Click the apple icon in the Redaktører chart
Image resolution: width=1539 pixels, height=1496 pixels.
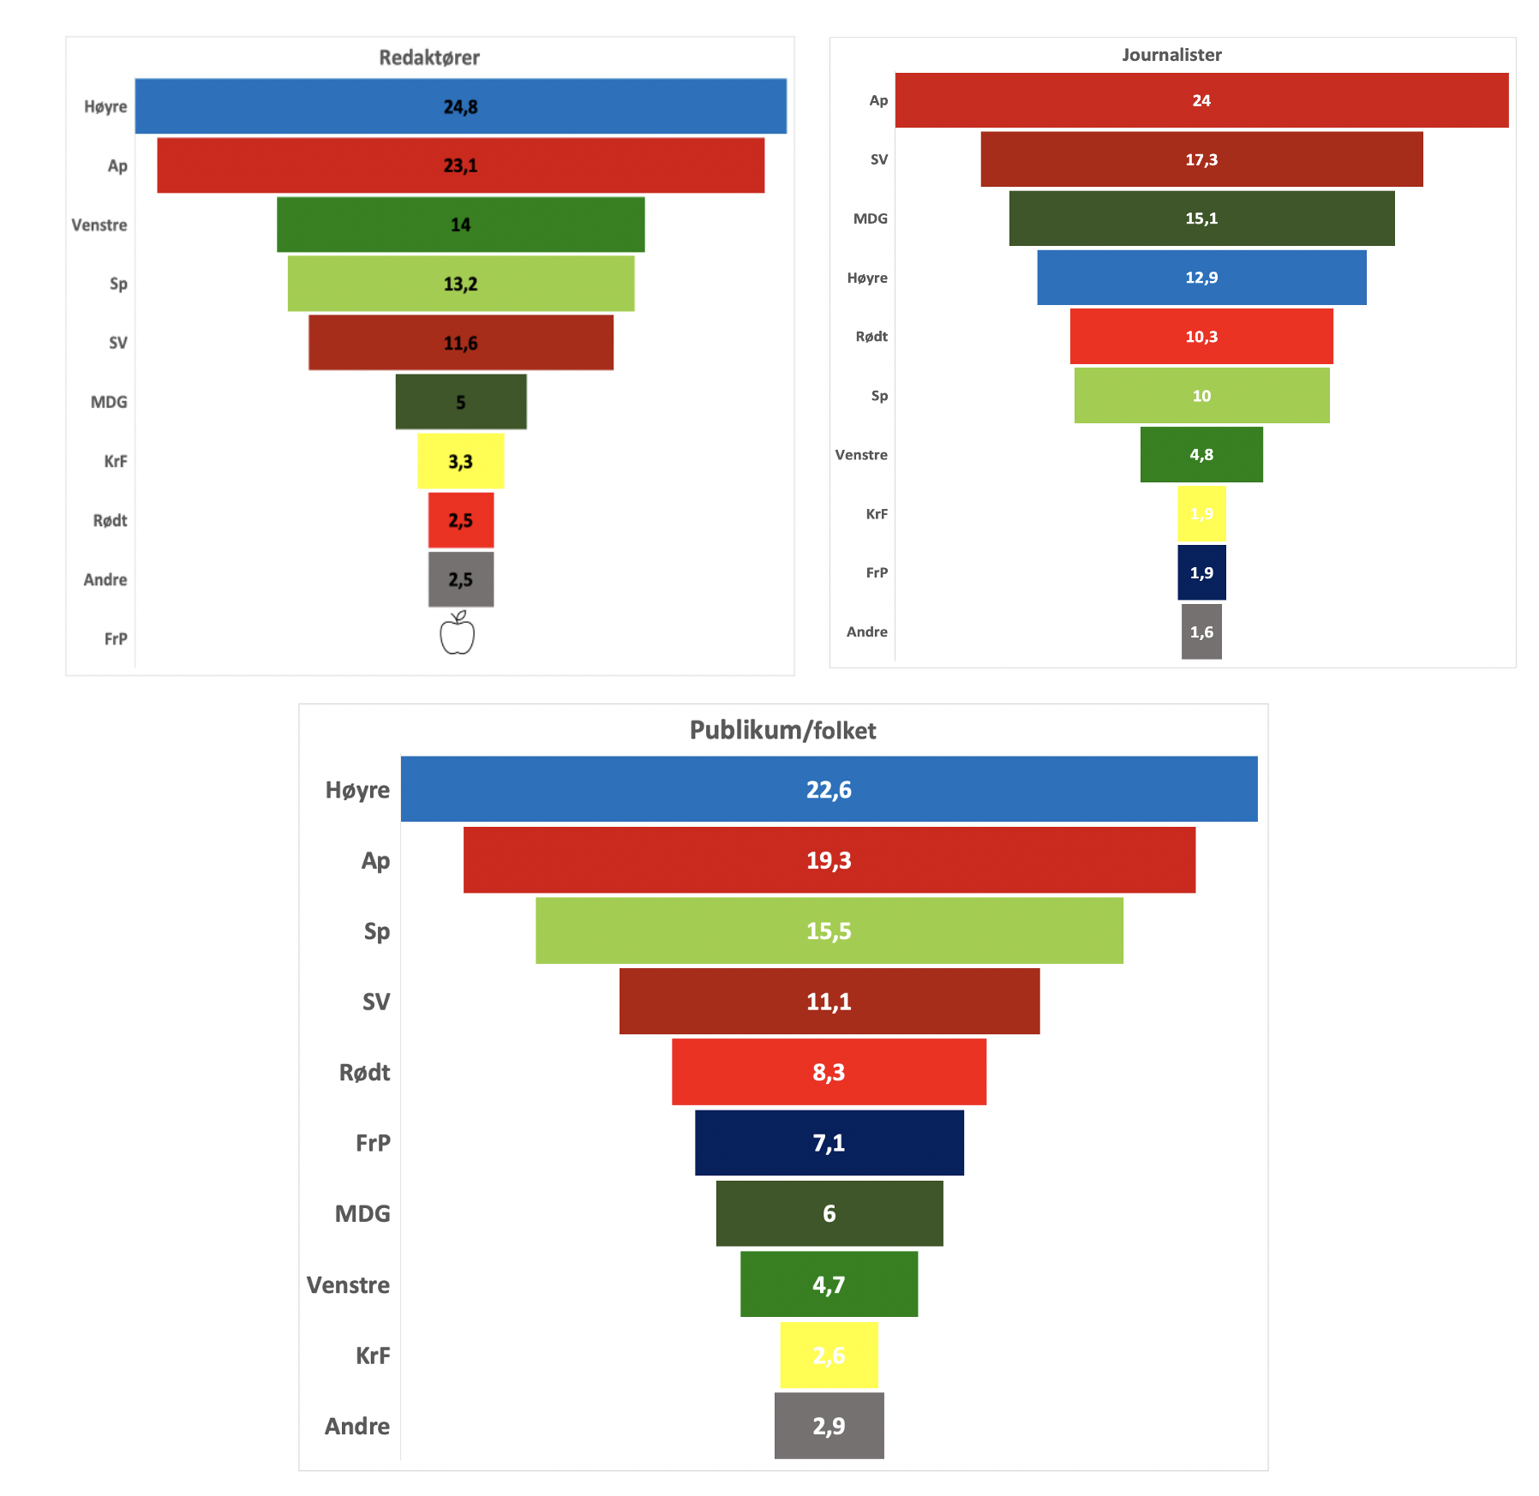tap(457, 634)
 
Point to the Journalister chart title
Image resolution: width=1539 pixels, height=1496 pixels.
tap(1171, 55)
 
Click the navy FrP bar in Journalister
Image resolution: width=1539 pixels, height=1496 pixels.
tap(1201, 572)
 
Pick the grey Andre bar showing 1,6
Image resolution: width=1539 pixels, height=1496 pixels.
tap(1201, 631)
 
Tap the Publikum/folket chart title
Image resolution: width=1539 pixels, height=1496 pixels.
tap(782, 730)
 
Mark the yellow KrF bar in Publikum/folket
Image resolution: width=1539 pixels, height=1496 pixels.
tap(829, 1355)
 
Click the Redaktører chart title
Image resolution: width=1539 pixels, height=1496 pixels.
tap(429, 57)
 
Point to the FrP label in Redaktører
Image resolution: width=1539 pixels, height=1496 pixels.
tap(116, 638)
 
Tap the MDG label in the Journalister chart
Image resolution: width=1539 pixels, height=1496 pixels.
tap(870, 218)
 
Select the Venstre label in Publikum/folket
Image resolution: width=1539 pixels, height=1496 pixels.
tap(348, 1284)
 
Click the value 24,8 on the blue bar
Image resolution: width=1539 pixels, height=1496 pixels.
tap(460, 107)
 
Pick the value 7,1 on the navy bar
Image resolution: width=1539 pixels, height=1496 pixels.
tap(829, 1143)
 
